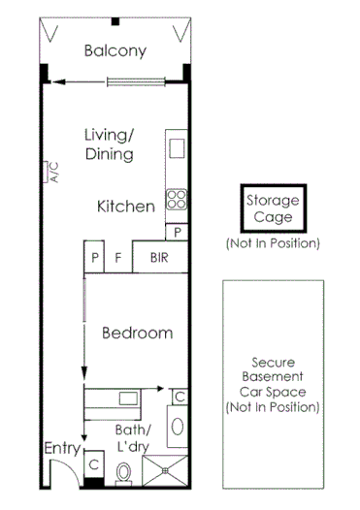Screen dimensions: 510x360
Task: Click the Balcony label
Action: tap(115, 51)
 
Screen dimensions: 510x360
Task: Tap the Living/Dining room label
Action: tap(108, 144)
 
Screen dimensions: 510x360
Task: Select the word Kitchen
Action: tap(126, 207)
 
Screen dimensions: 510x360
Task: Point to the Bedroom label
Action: tap(137, 333)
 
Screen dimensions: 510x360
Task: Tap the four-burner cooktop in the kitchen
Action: tap(177, 201)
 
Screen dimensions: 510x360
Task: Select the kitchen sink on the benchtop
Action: tap(177, 148)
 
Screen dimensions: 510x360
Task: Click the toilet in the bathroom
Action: tap(124, 474)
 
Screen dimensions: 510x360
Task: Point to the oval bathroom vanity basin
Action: tap(179, 426)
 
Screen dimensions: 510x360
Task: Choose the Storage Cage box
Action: tap(273, 208)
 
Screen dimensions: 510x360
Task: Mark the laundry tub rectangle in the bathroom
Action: tap(126, 398)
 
